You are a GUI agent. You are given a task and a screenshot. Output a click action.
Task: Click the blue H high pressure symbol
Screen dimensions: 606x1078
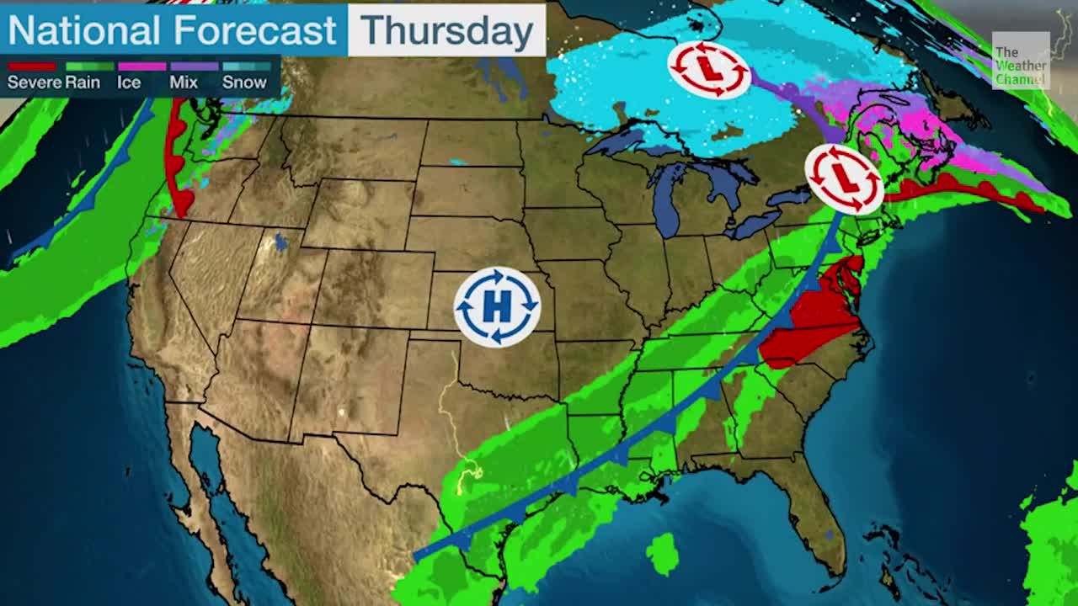pyautogui.click(x=497, y=307)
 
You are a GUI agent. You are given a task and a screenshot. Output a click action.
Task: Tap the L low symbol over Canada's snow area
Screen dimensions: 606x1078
pyautogui.click(x=709, y=69)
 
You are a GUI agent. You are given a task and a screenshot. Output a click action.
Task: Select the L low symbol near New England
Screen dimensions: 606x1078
pyautogui.click(x=844, y=178)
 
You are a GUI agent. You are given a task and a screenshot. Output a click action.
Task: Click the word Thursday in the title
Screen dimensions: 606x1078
pyautogui.click(x=447, y=31)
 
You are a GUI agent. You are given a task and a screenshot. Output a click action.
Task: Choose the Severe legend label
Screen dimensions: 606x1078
pyautogui.click(x=34, y=82)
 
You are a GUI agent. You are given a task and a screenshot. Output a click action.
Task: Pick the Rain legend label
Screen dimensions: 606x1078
pyautogui.click(x=83, y=82)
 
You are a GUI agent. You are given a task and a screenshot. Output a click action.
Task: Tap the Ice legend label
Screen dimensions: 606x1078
pyautogui.click(x=129, y=82)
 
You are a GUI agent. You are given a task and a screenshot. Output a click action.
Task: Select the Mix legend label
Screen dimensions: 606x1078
pyautogui.click(x=183, y=82)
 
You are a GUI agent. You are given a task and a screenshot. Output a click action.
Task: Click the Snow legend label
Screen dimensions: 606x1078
pyautogui.click(x=244, y=82)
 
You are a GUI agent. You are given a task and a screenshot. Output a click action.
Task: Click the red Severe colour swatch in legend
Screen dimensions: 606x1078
pyautogui.click(x=32, y=66)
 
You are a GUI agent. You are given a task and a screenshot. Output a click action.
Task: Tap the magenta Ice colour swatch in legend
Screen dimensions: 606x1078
pyautogui.click(x=141, y=66)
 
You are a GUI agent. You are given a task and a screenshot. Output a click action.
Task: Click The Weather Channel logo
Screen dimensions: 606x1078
pyautogui.click(x=1020, y=61)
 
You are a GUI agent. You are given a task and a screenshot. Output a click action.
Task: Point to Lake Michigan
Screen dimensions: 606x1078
pyautogui.click(x=665, y=202)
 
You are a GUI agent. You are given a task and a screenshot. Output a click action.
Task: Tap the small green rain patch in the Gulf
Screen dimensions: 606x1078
pyautogui.click(x=663, y=554)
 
